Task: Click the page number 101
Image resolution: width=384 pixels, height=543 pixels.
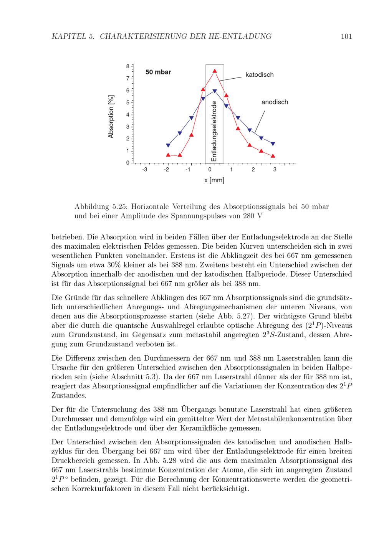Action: tap(346, 37)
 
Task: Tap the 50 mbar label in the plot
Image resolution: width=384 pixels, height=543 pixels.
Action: tap(158, 72)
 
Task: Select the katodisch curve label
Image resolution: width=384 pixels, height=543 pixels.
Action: tap(260, 75)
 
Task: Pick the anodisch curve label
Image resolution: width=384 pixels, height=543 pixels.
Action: tap(275, 102)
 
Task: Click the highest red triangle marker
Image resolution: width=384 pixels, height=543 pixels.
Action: tap(215, 71)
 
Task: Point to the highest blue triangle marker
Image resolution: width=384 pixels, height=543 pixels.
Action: tap(215, 91)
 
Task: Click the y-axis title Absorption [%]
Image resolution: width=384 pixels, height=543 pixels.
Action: tap(111, 116)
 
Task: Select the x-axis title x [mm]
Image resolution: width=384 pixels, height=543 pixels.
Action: tap(214, 180)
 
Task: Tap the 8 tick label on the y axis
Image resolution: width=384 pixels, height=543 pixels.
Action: tap(127, 66)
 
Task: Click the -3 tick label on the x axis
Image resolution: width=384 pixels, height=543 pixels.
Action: tap(144, 170)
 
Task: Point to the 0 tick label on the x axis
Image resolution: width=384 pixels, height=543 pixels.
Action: tap(210, 170)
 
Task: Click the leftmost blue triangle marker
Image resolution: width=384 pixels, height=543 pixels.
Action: tap(168, 145)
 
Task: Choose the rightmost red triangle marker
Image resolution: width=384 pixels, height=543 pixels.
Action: tap(273, 156)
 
